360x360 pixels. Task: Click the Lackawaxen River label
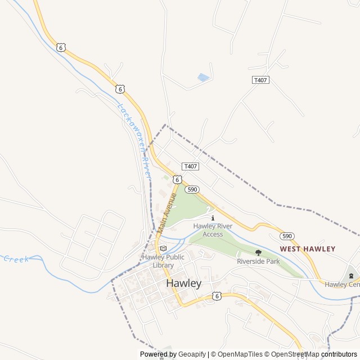click(x=135, y=141)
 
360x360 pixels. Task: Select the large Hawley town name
click(x=183, y=283)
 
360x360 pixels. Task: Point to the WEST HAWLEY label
click(x=308, y=249)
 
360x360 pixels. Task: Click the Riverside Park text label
click(x=258, y=262)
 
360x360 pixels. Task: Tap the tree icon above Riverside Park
click(x=258, y=253)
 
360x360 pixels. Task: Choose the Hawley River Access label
click(x=213, y=230)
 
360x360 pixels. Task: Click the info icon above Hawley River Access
click(x=213, y=218)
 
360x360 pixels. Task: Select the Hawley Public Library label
click(x=163, y=261)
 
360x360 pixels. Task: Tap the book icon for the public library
click(x=163, y=248)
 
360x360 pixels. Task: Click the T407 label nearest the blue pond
click(x=260, y=80)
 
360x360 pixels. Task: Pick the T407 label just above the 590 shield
click(x=190, y=166)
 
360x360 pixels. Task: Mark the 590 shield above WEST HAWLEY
click(x=287, y=236)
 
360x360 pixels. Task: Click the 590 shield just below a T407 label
click(x=192, y=190)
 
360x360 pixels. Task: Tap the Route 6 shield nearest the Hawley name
click(x=217, y=295)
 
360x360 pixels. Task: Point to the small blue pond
click(x=203, y=78)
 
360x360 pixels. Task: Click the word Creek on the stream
click(x=16, y=259)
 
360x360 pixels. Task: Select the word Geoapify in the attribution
click(x=192, y=354)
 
